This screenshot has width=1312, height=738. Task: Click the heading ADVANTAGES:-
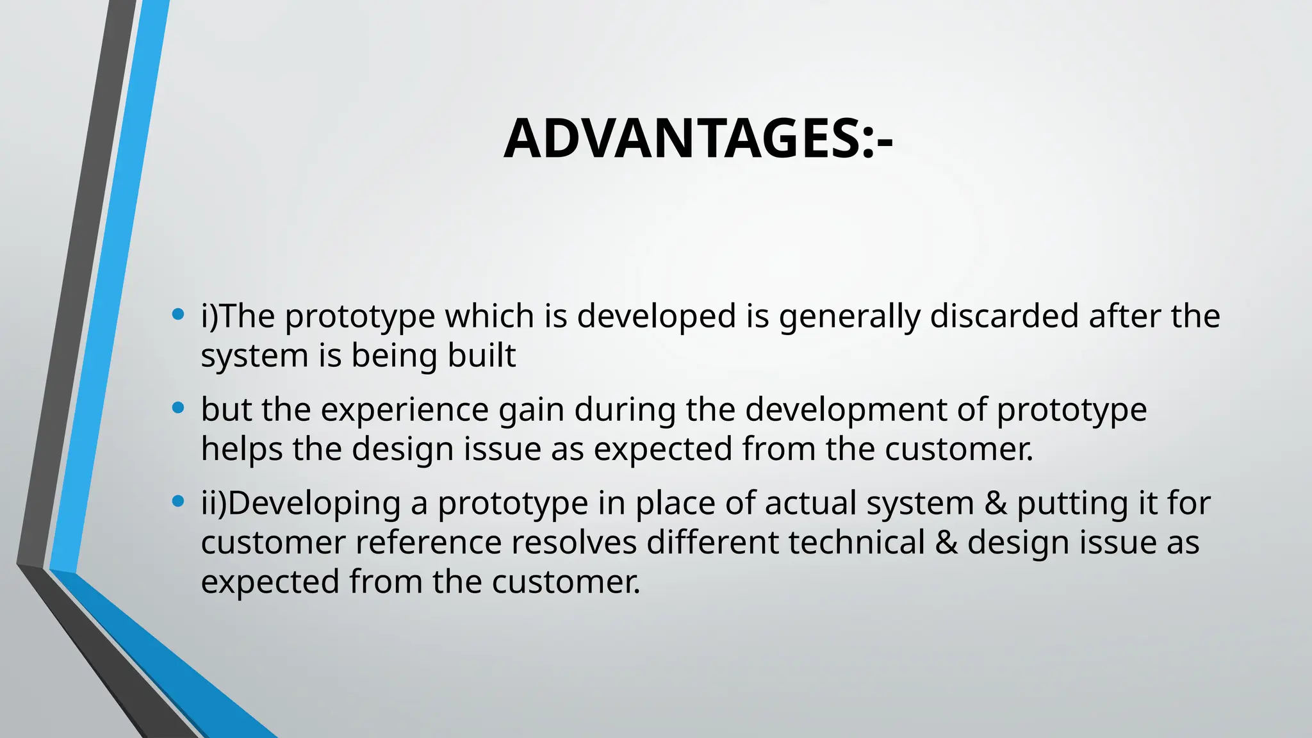click(698, 140)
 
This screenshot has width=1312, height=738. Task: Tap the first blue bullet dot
click(179, 315)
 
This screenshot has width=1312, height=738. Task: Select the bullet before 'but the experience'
click(179, 407)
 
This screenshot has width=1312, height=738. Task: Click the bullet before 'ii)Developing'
click(179, 501)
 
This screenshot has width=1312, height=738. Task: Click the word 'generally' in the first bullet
click(849, 317)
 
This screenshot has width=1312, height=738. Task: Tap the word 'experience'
click(405, 410)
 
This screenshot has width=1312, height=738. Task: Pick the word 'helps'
click(242, 449)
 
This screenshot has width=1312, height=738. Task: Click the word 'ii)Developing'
click(300, 504)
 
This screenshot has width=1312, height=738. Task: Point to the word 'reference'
click(428, 543)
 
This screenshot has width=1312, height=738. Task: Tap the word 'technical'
click(857, 543)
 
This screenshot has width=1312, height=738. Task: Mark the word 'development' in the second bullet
click(846, 410)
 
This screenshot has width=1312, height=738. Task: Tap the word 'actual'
click(810, 504)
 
